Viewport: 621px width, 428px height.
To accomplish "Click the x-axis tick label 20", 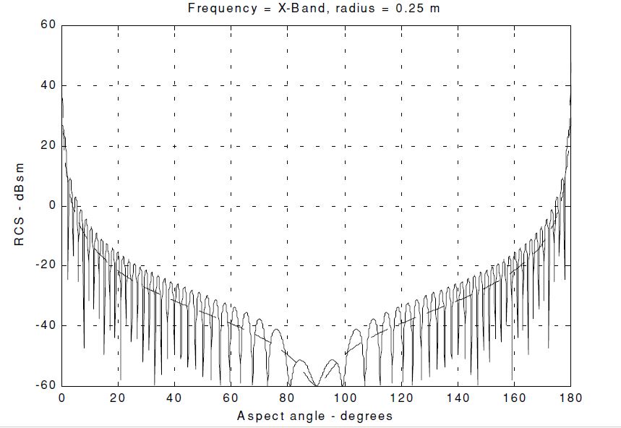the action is (118, 398).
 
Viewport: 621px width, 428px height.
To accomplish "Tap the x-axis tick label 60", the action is (231, 398).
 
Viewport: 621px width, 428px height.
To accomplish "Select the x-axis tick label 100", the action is (344, 398).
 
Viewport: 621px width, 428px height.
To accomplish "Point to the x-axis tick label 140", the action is (458, 398).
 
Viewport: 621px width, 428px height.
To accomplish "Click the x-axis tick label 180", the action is (570, 398).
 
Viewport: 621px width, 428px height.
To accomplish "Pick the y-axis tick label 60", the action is (48, 25).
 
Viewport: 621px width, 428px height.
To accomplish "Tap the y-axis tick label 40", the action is (48, 85).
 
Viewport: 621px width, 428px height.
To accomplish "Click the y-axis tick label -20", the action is (46, 265).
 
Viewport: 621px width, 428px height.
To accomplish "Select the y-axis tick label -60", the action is (46, 385).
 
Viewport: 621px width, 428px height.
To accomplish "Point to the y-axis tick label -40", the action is (46, 325).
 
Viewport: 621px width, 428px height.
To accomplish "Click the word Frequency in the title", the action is (222, 9).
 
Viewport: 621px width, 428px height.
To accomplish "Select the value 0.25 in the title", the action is (409, 9).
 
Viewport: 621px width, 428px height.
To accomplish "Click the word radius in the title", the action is (354, 9).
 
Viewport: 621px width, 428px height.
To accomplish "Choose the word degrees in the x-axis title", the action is (367, 416).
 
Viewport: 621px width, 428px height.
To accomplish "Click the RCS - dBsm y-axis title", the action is (19, 205).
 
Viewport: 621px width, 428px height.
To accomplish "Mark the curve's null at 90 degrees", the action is (317, 385).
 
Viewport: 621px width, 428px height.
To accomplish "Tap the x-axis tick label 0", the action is (61, 398).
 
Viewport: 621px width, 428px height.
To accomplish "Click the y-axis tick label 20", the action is (48, 145).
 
